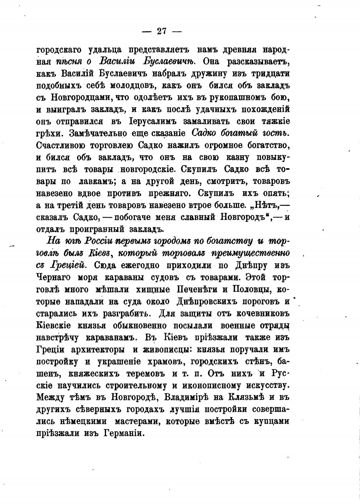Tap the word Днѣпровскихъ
tap(207, 301)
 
